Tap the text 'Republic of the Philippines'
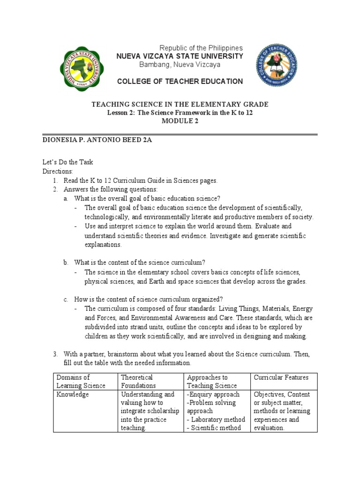pyautogui.click(x=201, y=48)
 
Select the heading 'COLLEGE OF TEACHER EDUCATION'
pyautogui.click(x=180, y=82)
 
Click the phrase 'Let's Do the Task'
pyautogui.click(x=67, y=162)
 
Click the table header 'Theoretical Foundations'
pyautogui.click(x=137, y=382)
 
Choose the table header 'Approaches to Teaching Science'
pyautogui.click(x=207, y=382)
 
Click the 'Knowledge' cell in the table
pyautogui.click(x=73, y=395)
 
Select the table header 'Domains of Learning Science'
pyautogui.click(x=81, y=382)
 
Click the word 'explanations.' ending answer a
pyautogui.click(x=103, y=244)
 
